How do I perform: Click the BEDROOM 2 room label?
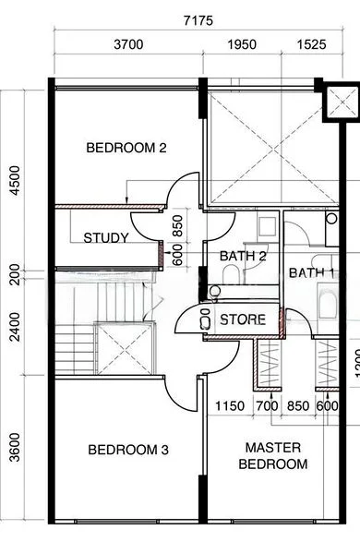126,147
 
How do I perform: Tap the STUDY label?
106,238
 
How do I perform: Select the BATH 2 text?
243,256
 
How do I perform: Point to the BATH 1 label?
311,272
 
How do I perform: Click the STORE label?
243,320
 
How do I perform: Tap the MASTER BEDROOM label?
272,455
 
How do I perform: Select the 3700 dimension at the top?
129,44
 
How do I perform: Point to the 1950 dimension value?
244,44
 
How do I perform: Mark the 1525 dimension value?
311,44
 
